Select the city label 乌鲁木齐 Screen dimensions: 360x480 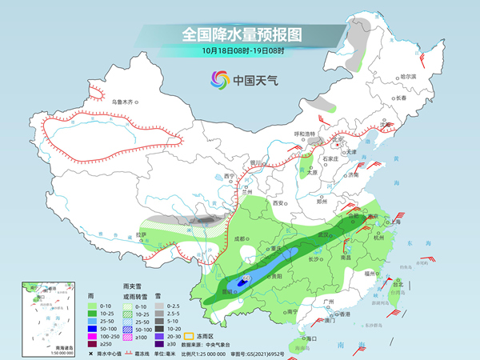pos(126,102)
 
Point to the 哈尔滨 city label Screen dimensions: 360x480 pos(408,76)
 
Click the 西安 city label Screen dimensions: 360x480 pos(279,204)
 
